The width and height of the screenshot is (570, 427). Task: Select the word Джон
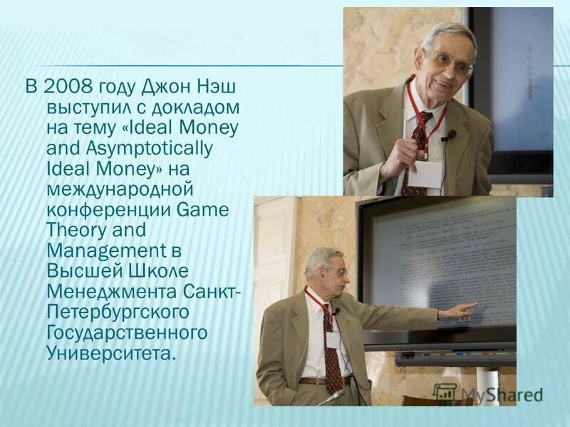click(x=165, y=88)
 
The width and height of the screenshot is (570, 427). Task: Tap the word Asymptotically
click(x=130, y=149)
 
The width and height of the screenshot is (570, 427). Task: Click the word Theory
click(x=76, y=231)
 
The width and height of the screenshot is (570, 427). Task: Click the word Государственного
click(x=127, y=332)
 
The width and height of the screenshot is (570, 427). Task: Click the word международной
click(x=120, y=189)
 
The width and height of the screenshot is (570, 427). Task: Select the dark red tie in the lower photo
click(x=331, y=352)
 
